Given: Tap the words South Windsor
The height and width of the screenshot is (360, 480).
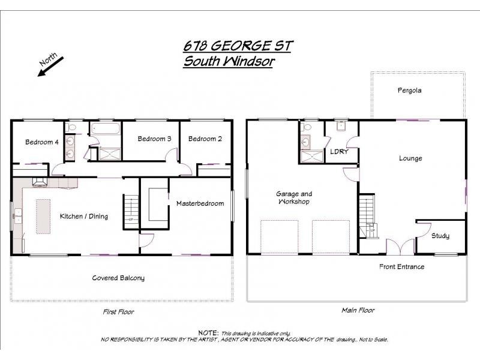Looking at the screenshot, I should coord(228,61).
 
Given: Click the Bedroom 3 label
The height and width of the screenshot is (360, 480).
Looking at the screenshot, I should coord(154,139).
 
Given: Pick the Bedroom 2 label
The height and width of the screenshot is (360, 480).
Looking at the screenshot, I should coord(205,139).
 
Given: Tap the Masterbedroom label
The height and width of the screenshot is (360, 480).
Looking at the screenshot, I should coord(200,203).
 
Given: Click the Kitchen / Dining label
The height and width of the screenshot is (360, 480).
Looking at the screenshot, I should coord(84,216).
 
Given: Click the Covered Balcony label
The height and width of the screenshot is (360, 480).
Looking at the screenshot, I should coord(118,278).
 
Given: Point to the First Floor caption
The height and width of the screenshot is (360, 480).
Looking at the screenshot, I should coord(119,312).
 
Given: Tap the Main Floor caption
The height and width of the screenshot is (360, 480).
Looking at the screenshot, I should coord(358,310).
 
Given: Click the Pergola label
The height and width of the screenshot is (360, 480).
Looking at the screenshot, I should coord(409,91).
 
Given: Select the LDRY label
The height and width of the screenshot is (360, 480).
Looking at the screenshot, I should coord(339,152).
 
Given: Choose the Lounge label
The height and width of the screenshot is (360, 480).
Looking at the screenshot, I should coord(410,158).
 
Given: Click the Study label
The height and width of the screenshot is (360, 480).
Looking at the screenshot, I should coord(440,236).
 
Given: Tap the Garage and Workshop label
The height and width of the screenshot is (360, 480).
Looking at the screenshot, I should coord(294,198).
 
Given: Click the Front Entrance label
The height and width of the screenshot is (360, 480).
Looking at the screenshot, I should coord(401,266).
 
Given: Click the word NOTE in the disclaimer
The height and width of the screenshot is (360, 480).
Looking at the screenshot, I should coord(207,332).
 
